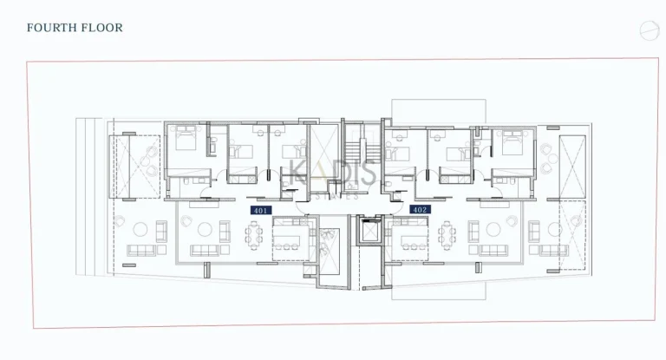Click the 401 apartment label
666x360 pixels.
[x=260, y=210]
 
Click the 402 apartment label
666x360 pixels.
[x=419, y=209]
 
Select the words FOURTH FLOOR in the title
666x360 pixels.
[x=75, y=28]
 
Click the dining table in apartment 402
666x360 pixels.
[x=447, y=234]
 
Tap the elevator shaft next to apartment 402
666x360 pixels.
[x=370, y=236]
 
